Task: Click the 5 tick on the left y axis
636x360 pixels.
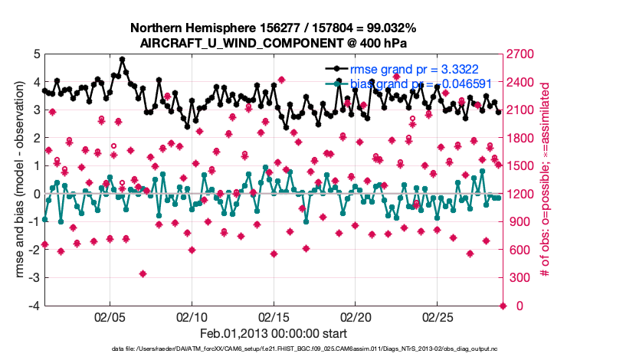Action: tap(35, 54)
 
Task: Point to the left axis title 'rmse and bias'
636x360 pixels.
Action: tap(21, 180)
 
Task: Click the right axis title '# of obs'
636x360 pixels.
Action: tap(546, 180)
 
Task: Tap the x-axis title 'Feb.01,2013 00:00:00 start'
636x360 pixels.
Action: tap(274, 333)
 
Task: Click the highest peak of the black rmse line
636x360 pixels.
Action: tap(123, 59)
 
